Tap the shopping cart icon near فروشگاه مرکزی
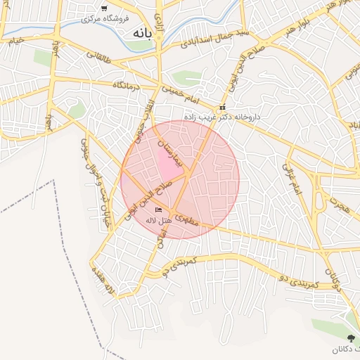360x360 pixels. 104,8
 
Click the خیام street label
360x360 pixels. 15,41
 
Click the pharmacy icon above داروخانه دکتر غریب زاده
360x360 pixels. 222,108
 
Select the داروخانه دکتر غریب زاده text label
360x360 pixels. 222,117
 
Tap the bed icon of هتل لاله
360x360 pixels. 158,210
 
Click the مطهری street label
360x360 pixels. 188,219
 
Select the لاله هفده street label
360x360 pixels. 101,283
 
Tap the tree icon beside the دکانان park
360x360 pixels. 351,338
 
